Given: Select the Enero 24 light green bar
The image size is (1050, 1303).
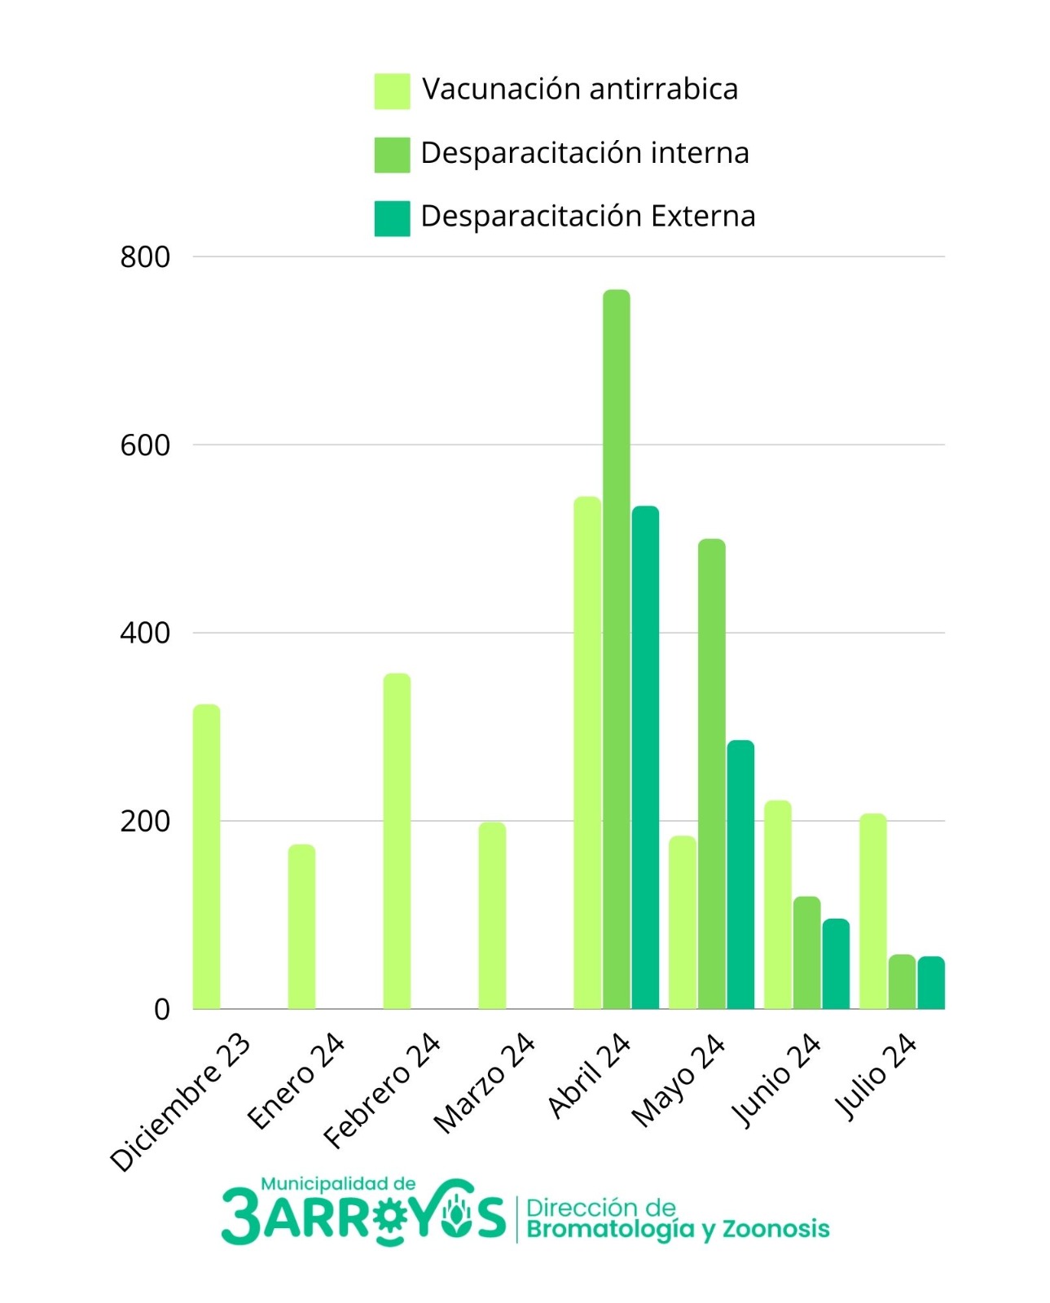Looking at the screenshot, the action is tap(301, 927).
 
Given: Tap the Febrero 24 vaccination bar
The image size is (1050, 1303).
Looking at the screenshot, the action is tap(397, 841).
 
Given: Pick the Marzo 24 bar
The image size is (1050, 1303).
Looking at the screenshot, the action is tap(492, 915).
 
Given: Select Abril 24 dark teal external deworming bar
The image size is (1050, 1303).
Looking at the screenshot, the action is tap(645, 757).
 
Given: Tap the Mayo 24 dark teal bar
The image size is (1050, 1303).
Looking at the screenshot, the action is tap(740, 875).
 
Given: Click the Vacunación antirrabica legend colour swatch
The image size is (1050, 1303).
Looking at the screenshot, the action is tap(392, 91).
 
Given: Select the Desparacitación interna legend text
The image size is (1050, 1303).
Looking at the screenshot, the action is tap(585, 152).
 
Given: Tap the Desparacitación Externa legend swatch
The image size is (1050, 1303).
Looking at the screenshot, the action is tap(392, 218).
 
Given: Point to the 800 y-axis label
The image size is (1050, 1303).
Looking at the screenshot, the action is tap(145, 257).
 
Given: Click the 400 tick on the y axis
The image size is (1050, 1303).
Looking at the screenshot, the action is tap(145, 634).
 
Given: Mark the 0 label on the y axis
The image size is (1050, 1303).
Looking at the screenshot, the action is tap(162, 1010).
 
